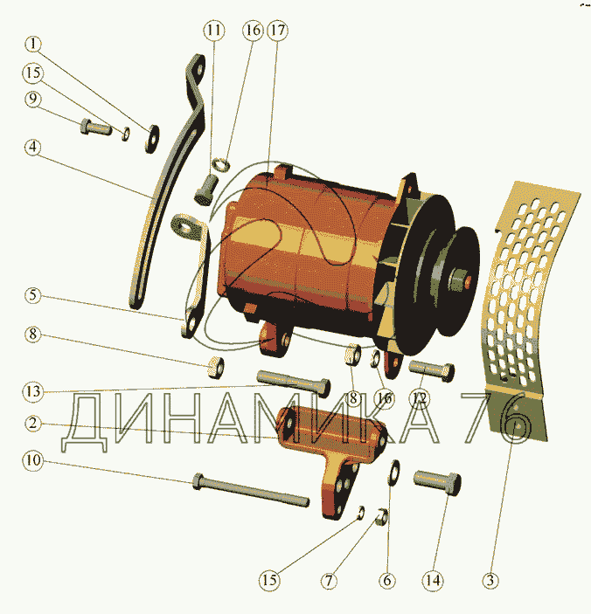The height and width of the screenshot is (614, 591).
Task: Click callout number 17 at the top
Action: (x=277, y=31)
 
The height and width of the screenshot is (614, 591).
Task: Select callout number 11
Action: (x=214, y=31)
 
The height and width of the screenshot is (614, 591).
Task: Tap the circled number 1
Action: (x=33, y=44)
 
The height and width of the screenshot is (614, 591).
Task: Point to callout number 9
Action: (x=33, y=99)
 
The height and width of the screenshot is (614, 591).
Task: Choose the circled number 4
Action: (x=33, y=148)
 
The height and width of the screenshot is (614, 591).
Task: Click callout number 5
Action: (x=33, y=295)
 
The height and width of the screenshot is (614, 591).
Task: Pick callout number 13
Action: (x=33, y=391)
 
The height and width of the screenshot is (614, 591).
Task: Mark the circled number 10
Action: (x=33, y=460)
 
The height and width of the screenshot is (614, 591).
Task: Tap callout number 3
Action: (x=490, y=580)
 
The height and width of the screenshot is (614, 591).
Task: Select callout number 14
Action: (x=433, y=580)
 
